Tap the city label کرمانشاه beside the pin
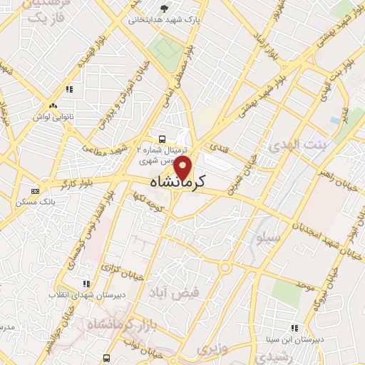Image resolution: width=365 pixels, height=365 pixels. tap(178, 182)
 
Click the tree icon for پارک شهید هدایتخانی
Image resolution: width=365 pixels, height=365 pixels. tap(165, 8)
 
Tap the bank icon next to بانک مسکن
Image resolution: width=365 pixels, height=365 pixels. tap(35, 190)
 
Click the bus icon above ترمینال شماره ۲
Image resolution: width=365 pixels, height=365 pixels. tap(163, 139)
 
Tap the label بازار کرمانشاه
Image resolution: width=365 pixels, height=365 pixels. tap(107, 325)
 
